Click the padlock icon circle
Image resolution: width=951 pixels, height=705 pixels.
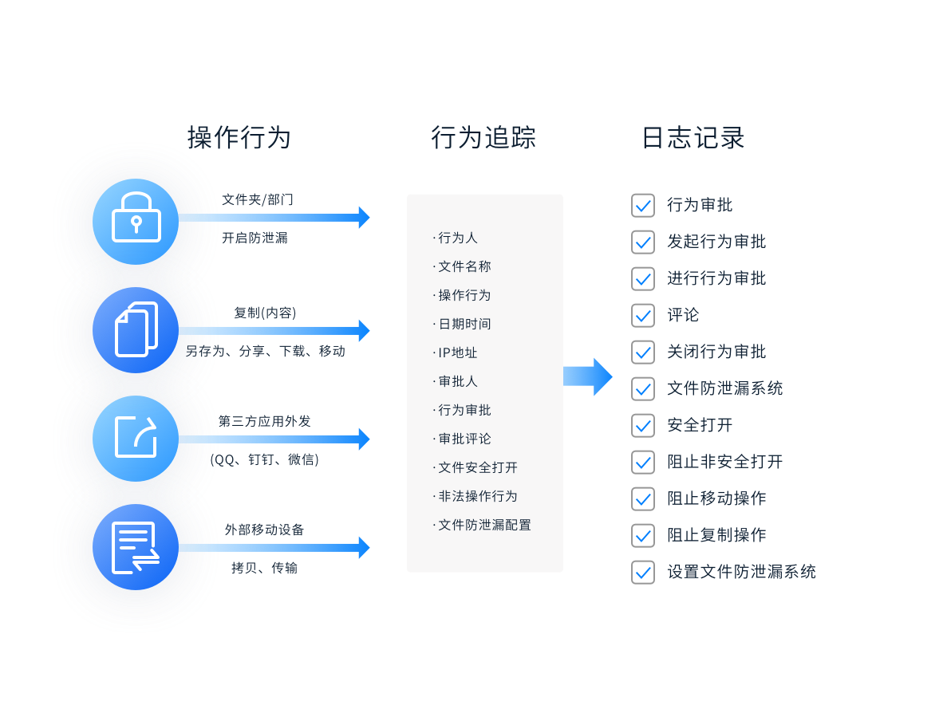pyautogui.click(x=136, y=221)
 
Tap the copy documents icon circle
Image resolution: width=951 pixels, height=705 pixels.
pyautogui.click(x=136, y=329)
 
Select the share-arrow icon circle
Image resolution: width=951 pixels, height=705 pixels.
pyautogui.click(x=136, y=438)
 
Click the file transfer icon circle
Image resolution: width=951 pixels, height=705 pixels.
pyautogui.click(x=136, y=546)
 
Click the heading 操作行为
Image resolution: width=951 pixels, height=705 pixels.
pyautogui.click(x=239, y=138)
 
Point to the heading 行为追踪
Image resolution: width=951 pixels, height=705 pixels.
pyautogui.click(x=483, y=138)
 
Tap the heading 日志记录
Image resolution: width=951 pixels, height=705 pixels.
pyautogui.click(x=693, y=138)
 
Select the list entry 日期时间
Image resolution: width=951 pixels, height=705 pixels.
pyautogui.click(x=464, y=324)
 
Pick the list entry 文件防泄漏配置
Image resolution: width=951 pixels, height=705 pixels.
pyautogui.click(x=483, y=525)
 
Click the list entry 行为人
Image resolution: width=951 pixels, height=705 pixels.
pyautogui.click(x=457, y=238)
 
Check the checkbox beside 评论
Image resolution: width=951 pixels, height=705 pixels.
pyautogui.click(x=643, y=315)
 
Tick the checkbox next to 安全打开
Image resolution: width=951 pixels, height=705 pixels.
pyautogui.click(x=643, y=425)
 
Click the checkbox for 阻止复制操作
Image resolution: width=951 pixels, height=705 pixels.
pyautogui.click(x=643, y=535)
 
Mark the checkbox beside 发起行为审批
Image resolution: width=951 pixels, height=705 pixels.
pyautogui.click(x=643, y=242)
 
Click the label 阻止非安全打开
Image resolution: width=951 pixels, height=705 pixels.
pyautogui.click(x=724, y=462)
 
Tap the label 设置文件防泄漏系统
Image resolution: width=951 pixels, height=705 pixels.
pyautogui.click(x=741, y=572)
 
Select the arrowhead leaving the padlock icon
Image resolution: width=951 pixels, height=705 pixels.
pyautogui.click(x=364, y=217)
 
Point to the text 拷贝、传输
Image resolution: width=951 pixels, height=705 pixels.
pyautogui.click(x=264, y=568)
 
